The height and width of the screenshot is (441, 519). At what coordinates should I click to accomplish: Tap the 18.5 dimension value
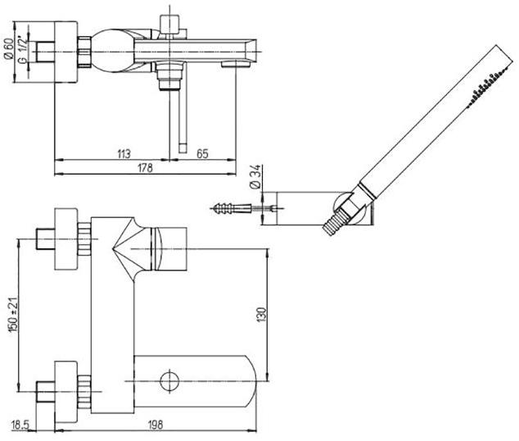pos(22,425)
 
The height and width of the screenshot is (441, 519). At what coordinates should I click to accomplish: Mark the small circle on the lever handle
pos(170,380)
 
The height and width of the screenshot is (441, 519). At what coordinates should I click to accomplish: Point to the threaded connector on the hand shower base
pos(337,221)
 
